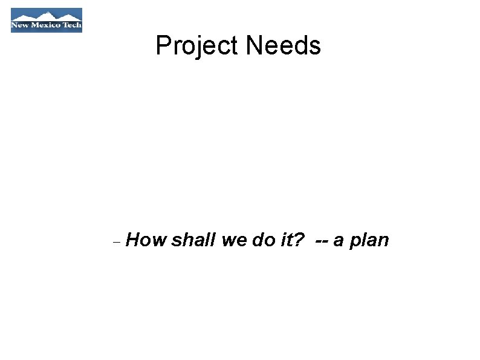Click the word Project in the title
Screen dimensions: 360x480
click(196, 46)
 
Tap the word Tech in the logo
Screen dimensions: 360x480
click(73, 26)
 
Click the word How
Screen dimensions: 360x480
click(146, 240)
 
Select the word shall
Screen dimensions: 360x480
click(193, 240)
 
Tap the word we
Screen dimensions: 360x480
click(234, 240)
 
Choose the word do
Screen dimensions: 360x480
click(264, 240)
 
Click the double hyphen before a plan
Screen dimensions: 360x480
click(322, 241)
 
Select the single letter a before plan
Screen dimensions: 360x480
click(339, 241)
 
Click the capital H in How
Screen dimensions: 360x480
click(134, 240)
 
